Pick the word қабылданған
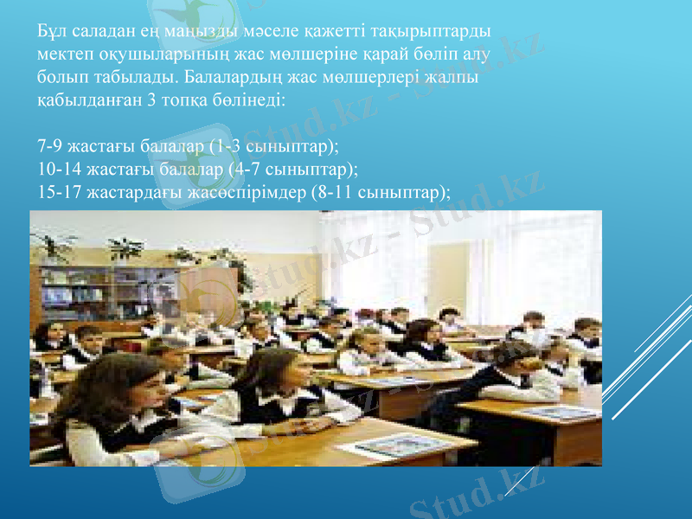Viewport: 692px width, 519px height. coord(85,99)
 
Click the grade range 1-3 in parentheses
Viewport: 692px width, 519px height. coord(225,144)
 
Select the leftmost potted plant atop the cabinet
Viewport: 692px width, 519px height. coord(54,247)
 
